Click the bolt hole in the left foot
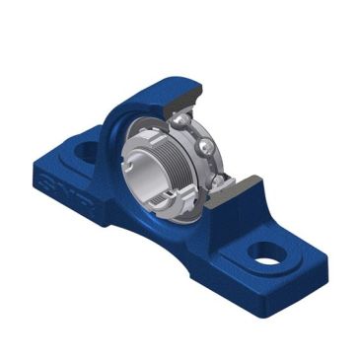82,151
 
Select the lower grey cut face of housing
237,187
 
